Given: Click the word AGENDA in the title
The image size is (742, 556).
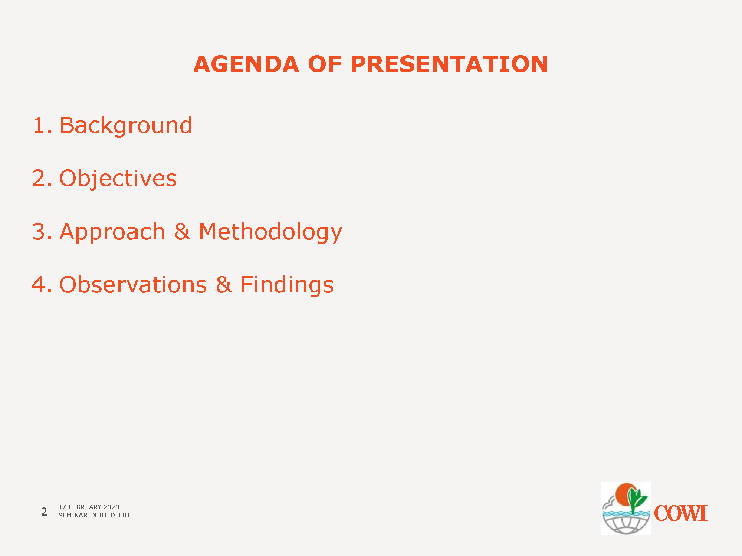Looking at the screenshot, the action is point(246,64).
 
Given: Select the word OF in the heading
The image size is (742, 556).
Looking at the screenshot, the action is point(325,64).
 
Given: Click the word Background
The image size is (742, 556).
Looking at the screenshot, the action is point(126,125).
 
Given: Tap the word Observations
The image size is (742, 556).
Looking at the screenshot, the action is point(133,285).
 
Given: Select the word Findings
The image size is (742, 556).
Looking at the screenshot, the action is point(287,285).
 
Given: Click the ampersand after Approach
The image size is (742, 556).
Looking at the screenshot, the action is point(182,232).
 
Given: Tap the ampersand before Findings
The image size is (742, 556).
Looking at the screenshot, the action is point(224,285).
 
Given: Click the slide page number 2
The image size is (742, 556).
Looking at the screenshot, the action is point(44,512).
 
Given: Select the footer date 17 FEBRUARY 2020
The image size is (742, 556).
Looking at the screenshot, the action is point(89,507).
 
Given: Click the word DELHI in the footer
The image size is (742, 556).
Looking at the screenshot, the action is point(120,515).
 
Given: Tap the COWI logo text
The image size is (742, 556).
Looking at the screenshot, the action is point(681,513).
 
